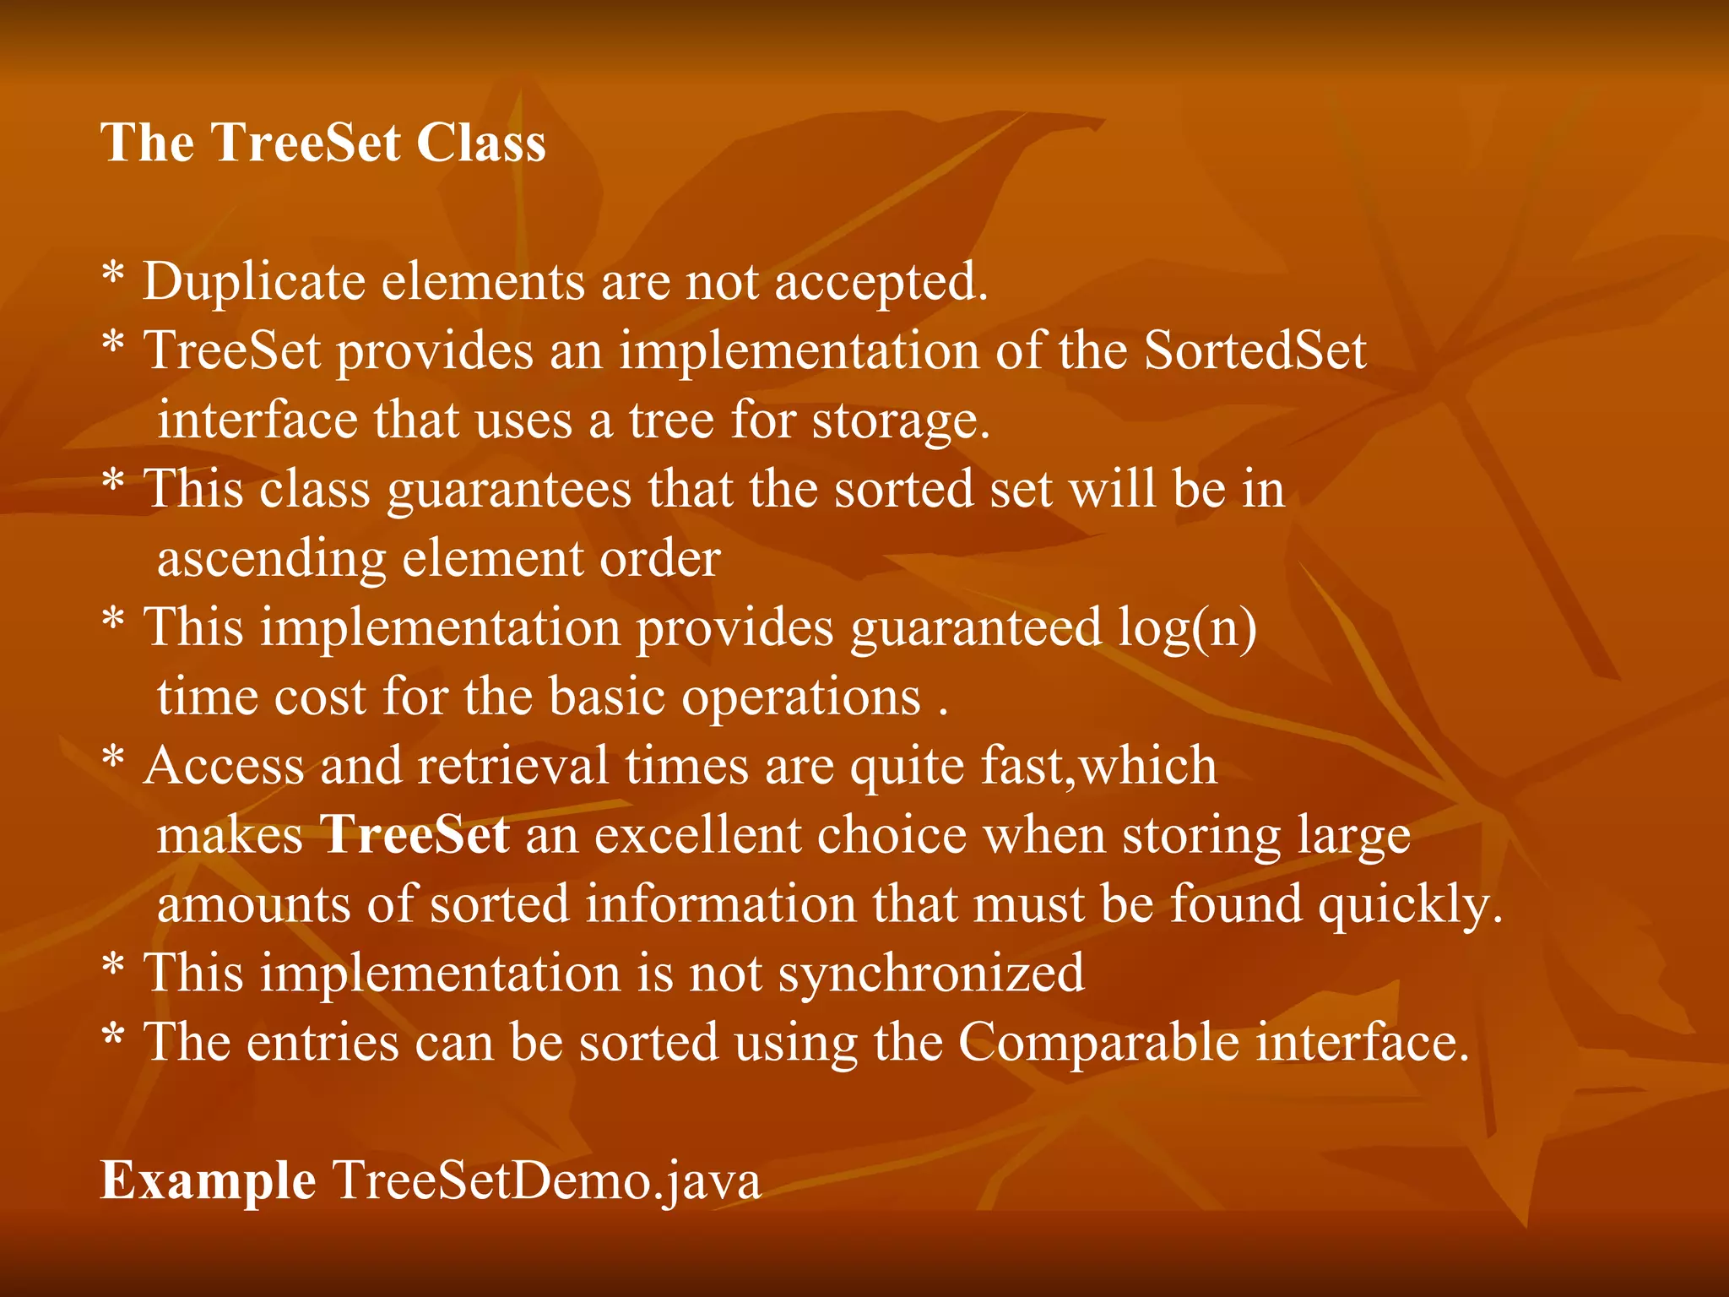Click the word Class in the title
(481, 142)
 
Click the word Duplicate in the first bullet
(253, 282)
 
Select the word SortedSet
(1255, 351)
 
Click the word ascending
(271, 559)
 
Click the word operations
(800, 698)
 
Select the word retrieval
(512, 767)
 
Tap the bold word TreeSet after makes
(415, 836)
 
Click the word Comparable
(1098, 1044)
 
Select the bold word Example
(208, 1182)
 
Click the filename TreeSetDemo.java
(546, 1182)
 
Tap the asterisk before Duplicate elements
(113, 274)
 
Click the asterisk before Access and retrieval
(113, 759)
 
